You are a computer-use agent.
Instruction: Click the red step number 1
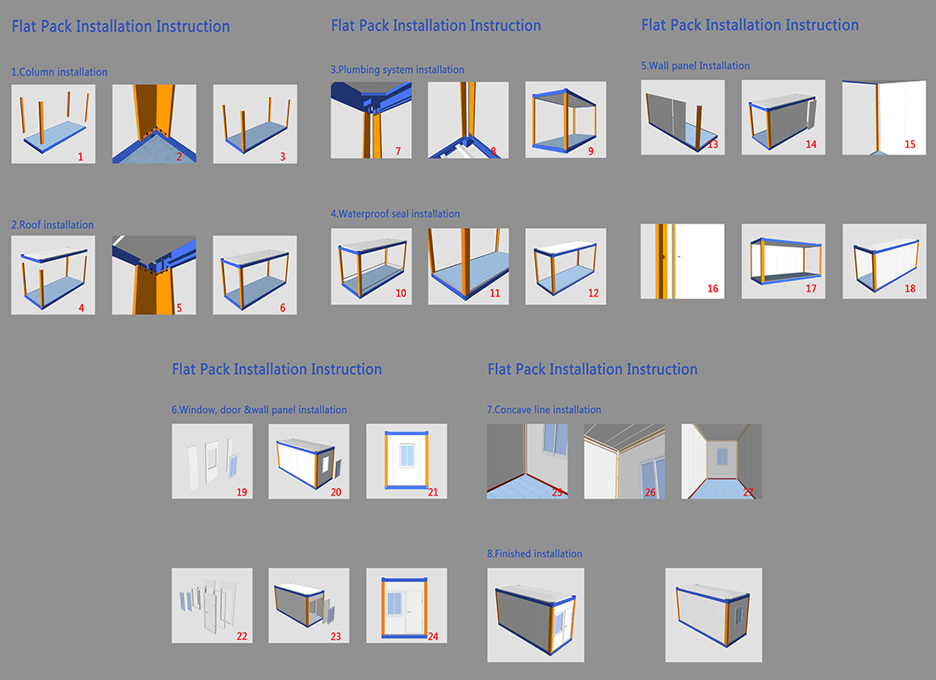[80, 156]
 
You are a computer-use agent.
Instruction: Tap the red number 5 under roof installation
[179, 308]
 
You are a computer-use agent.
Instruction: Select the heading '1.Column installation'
[60, 72]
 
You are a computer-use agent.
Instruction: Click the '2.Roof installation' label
[53, 225]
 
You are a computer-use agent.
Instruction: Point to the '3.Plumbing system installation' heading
[397, 70]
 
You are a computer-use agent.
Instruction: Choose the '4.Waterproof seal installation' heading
[395, 214]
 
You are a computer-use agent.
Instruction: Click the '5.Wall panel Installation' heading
[695, 65]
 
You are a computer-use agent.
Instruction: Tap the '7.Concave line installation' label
[544, 410]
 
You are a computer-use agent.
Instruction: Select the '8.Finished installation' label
[534, 554]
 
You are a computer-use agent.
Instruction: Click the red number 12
[592, 293]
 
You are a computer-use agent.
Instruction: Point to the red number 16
[712, 289]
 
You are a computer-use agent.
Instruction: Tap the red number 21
[432, 492]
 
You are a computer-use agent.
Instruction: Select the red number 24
[432, 636]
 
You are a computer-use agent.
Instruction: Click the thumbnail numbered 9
[566, 119]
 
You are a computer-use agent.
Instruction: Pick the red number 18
[910, 289]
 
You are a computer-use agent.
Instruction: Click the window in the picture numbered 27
[722, 456]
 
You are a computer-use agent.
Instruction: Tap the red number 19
[242, 492]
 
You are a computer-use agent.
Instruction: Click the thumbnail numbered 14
[782, 117]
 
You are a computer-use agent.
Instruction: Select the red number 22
[242, 636]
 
